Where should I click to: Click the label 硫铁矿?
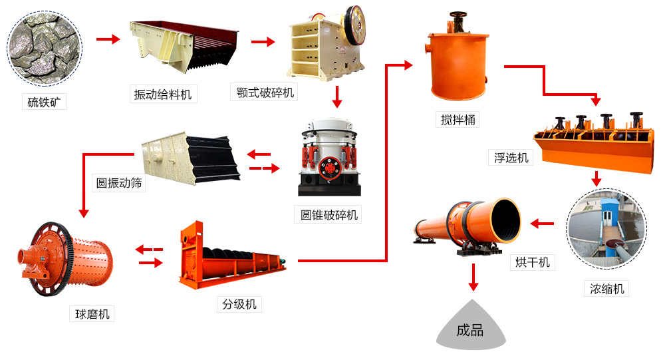[x=44, y=102]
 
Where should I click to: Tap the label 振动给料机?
[x=162, y=94]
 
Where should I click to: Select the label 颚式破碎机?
[x=265, y=92]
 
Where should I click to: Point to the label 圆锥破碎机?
[x=329, y=215]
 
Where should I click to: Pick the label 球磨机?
[x=90, y=314]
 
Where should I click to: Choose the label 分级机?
[x=239, y=305]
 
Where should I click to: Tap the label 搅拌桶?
[x=458, y=120]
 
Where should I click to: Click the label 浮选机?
[x=511, y=157]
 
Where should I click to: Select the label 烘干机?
[x=533, y=262]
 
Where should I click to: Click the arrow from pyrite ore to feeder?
[x=108, y=40]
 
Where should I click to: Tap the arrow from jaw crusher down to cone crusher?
[x=336, y=97]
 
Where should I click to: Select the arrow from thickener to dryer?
[x=541, y=224]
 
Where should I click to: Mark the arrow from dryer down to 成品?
[x=473, y=277]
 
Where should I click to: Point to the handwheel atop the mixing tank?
[x=458, y=14]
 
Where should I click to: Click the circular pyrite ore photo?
[x=45, y=47]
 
